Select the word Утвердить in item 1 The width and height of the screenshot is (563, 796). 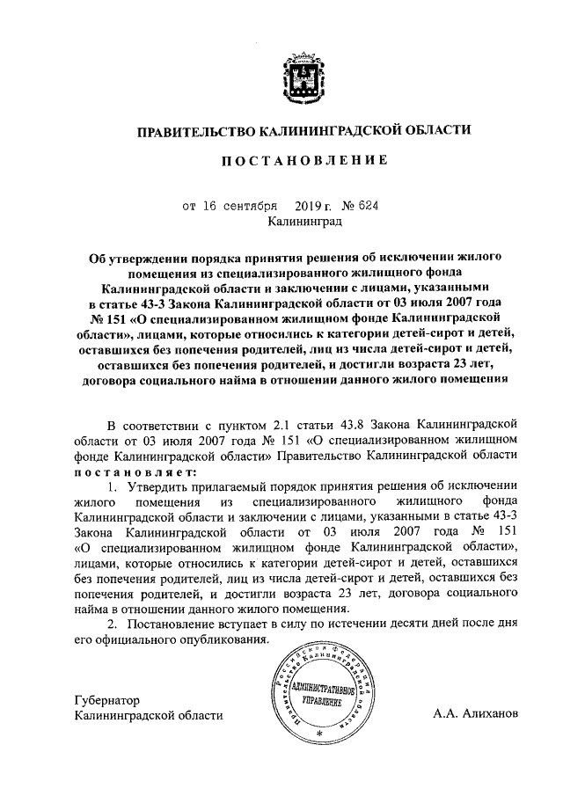[x=158, y=486]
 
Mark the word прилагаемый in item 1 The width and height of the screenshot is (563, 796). [x=231, y=486]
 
